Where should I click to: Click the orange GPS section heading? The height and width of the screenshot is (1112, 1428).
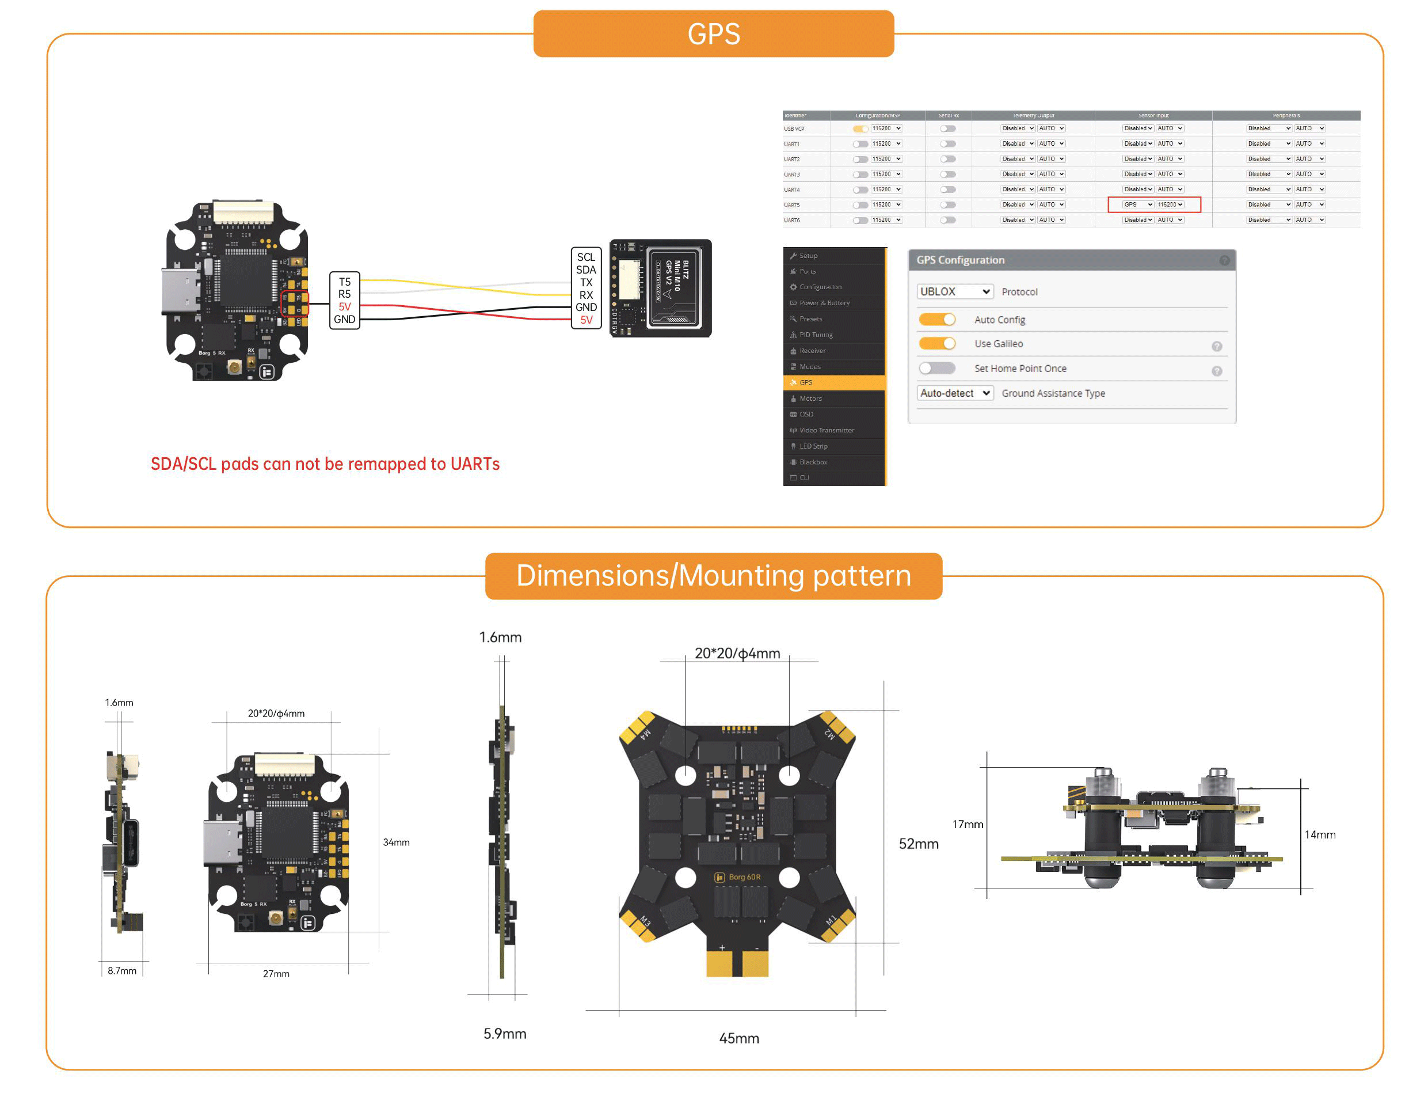click(713, 34)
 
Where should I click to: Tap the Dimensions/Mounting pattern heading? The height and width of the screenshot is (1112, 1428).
click(713, 576)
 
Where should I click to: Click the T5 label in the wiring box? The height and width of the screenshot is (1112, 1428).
click(345, 282)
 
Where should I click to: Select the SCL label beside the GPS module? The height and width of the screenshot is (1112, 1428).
click(586, 257)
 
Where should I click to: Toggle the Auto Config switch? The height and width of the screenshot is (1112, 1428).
click(937, 319)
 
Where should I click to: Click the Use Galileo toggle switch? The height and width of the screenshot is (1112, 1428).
click(937, 343)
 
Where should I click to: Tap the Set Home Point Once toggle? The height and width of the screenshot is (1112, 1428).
click(937, 369)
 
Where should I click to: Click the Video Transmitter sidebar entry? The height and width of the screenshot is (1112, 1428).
click(827, 430)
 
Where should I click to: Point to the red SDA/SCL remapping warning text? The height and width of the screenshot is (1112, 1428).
click(325, 464)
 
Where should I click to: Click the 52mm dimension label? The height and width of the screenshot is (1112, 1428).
click(919, 844)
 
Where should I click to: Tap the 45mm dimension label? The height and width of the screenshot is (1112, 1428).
click(739, 1038)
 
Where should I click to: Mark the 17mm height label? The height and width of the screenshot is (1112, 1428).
click(968, 824)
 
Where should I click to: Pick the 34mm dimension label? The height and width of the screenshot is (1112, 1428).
click(396, 842)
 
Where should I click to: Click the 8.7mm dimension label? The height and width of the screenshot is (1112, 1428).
click(122, 971)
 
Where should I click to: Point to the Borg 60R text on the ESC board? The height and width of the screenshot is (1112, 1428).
click(744, 877)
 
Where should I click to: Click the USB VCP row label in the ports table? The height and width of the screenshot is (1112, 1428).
click(794, 129)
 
